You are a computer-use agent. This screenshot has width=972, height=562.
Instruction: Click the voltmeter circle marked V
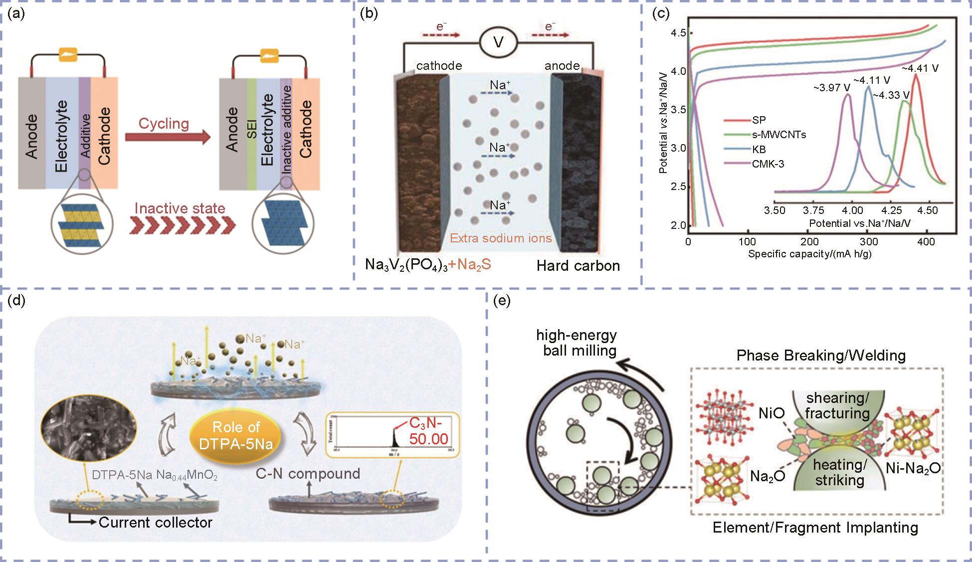498,42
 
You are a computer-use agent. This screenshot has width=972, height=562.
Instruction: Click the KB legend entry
759,149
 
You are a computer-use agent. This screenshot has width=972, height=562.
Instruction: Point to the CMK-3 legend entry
768,164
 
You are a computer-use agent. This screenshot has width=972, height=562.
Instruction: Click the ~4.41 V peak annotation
920,68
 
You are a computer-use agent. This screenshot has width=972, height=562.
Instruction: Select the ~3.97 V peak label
831,88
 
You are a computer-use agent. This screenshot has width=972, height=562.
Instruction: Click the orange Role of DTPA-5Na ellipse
236,435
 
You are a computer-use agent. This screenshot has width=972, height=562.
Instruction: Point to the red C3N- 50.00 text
428,431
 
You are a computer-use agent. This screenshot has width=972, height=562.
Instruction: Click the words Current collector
156,523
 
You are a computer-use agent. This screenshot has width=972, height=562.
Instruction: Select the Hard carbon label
578,266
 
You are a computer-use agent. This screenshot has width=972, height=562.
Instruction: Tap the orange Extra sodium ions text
501,238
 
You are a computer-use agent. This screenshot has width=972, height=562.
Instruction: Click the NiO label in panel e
772,413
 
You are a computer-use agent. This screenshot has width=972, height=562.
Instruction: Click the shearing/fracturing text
837,405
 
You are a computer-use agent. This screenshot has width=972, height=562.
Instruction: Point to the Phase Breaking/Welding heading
821,356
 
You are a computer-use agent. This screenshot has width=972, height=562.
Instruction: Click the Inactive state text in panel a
180,208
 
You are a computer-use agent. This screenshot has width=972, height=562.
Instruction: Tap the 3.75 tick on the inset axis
813,210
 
